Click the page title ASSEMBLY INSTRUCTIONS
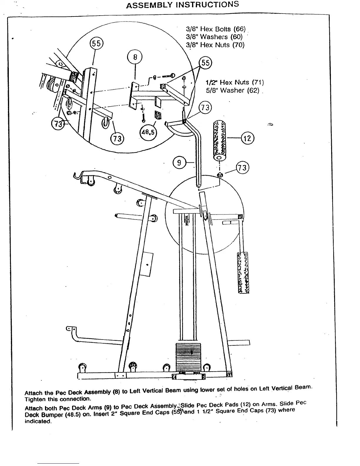pyautogui.click(x=182, y=5)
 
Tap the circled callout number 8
pyautogui.click(x=135, y=57)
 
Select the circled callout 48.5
pyautogui.click(x=148, y=133)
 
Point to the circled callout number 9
pyautogui.click(x=179, y=162)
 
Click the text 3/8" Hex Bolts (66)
pyautogui.click(x=216, y=29)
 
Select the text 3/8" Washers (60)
pyautogui.click(x=214, y=37)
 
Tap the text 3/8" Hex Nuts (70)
pyautogui.click(x=215, y=45)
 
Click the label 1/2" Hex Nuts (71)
pyautogui.click(x=234, y=82)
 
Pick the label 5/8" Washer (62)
pyautogui.click(x=232, y=90)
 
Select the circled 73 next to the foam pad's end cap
pyautogui.click(x=243, y=168)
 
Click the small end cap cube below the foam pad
pyautogui.click(x=219, y=175)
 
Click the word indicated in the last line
pyautogui.click(x=38, y=421)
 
